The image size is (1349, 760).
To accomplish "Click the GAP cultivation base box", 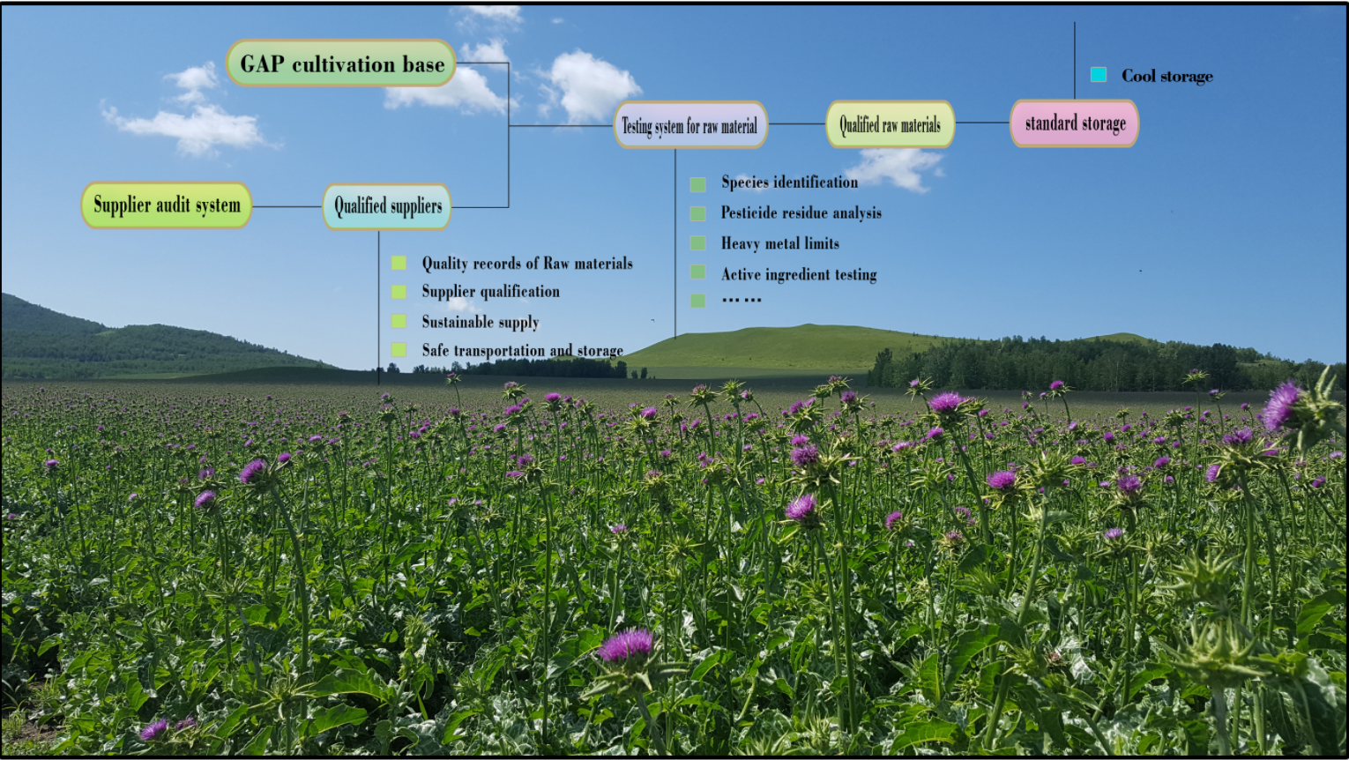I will pos(341,63).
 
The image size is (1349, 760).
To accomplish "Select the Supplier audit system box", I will pos(167,205).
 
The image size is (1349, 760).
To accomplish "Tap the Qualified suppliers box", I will pos(387,206).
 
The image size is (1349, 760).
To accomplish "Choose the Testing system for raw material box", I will pos(689,125).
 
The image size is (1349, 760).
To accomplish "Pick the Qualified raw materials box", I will pos(890,124).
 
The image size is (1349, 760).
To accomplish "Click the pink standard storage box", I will pos(1075,123).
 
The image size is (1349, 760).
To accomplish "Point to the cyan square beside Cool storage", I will pos(1099,75).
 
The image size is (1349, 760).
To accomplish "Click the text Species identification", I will pos(789,183).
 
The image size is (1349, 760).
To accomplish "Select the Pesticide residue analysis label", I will pos(801,212).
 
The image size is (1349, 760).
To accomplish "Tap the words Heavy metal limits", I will pos(779,243).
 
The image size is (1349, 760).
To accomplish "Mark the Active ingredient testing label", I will pos(799,274).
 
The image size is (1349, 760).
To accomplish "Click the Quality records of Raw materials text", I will pos(526,263).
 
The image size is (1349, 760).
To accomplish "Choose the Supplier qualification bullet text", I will pos(490,291).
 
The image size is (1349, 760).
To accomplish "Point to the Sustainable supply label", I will pos(480,322).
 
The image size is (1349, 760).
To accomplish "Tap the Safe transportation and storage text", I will pos(522,350).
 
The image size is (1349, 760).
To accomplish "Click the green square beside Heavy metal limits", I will pos(697,242).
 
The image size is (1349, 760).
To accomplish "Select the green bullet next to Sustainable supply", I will pos(399,321).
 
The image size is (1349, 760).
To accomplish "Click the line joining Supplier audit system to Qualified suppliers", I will pos(287,206).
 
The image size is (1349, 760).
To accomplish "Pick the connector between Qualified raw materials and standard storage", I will pos(982,123).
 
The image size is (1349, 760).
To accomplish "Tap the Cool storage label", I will pos(1166,76).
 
